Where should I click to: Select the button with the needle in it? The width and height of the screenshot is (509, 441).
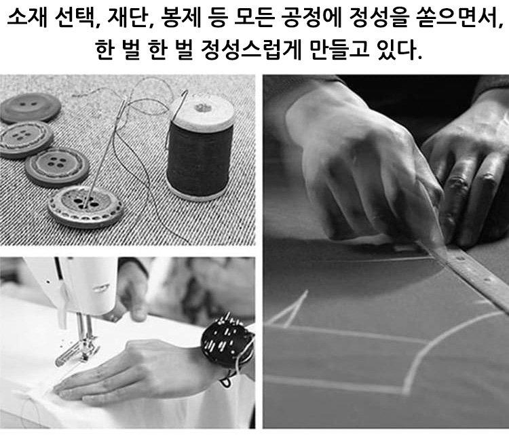point(86,206)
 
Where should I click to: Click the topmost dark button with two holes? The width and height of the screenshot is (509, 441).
point(30,107)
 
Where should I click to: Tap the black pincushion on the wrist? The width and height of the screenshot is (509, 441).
point(227,340)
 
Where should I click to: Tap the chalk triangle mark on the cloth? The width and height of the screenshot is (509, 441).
point(289,311)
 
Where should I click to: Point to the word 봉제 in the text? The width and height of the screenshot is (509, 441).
point(176,18)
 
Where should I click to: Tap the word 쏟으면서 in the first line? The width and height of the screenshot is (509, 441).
point(457,18)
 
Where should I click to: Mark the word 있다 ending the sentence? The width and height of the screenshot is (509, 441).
point(397,50)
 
